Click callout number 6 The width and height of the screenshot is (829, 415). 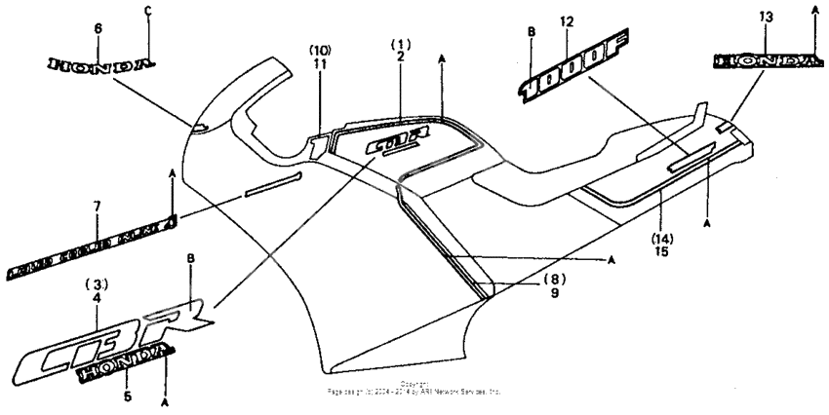[98, 29]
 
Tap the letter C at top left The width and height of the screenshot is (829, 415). [147, 11]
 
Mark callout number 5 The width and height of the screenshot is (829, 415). [97, 396]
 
